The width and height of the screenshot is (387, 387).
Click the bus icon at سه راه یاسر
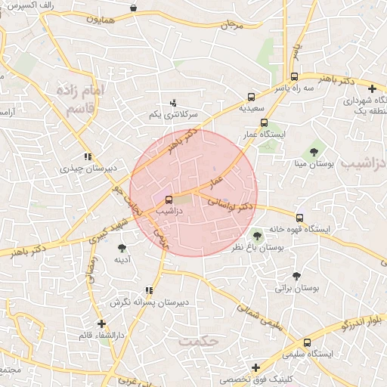pos(294,76)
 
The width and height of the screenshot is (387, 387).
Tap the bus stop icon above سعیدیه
pos(251,97)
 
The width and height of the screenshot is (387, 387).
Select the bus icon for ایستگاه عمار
pos(264,122)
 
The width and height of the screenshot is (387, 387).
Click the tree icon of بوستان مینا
pos(314,152)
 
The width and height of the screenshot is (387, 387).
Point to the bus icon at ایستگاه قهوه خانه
pos(300,218)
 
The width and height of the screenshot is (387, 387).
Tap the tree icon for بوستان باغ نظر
pos(257,235)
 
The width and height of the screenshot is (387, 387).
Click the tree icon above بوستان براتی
pos(296,276)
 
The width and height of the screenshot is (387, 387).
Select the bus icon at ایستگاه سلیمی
pos(306,342)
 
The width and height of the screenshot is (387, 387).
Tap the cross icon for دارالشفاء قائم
pos(101,323)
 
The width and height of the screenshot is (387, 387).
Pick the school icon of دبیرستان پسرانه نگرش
pos(148,289)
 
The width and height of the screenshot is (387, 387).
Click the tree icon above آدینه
pos(122,248)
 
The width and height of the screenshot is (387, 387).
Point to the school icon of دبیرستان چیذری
pos(88,156)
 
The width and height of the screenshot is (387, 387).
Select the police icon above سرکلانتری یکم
pos(173,102)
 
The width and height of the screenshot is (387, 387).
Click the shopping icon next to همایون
pos(134,8)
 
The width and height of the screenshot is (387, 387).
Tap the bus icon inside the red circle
pos(168,200)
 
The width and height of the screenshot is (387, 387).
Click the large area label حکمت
pos(198,341)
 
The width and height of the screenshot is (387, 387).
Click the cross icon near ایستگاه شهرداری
pos(371,89)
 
